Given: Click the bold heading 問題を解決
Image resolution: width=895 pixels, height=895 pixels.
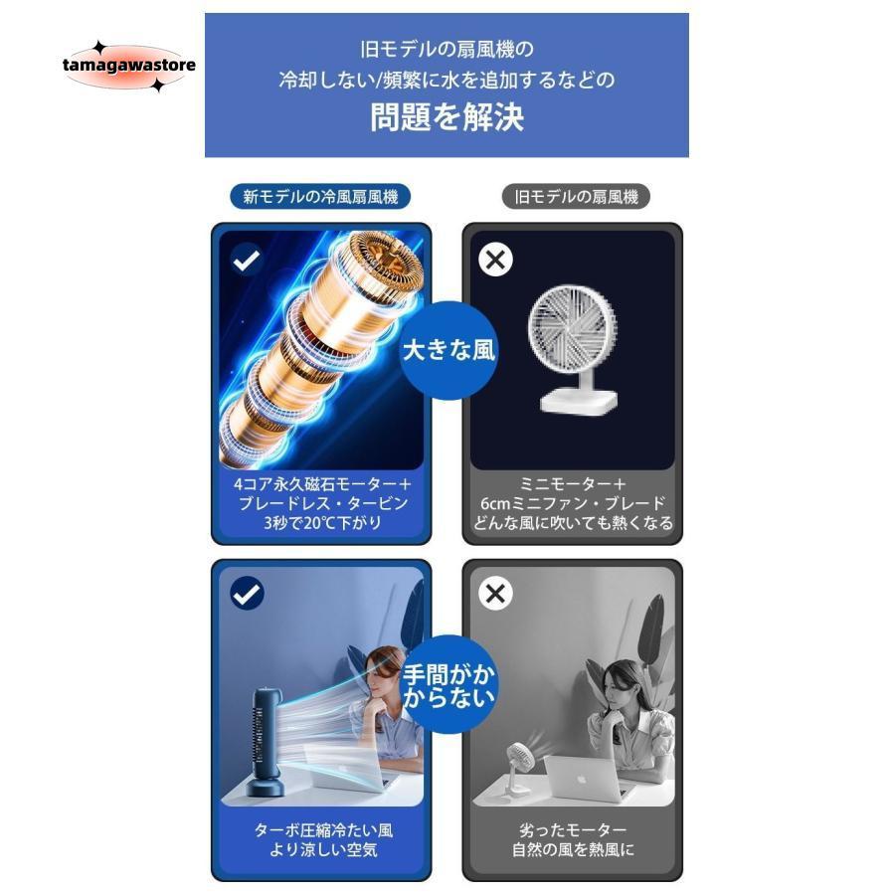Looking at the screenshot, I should tap(447, 117).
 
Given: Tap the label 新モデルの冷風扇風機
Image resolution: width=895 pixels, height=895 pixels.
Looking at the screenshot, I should tap(320, 197).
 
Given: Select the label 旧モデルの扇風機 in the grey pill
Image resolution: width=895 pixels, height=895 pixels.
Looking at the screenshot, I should tap(576, 197).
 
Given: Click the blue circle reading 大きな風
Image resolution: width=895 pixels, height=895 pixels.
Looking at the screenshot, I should tap(447, 350).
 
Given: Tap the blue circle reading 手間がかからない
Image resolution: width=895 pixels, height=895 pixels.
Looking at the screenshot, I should tap(447, 683).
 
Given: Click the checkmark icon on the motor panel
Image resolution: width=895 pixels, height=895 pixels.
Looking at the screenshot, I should tap(247, 261).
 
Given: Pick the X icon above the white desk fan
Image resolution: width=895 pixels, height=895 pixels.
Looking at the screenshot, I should tap(495, 260).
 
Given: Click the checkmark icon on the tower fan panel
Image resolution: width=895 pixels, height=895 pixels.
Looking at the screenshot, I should tap(247, 594).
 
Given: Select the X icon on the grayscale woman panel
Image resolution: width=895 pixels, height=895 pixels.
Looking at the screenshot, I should tap(495, 594).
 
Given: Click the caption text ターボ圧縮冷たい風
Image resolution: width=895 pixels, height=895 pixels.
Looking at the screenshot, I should tap(322, 830).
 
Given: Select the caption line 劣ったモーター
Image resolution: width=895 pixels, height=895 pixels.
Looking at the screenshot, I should tap(573, 830).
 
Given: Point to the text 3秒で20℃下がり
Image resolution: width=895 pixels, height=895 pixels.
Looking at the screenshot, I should tap(322, 523).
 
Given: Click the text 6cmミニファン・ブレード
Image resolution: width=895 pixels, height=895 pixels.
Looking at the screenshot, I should tap(573, 503).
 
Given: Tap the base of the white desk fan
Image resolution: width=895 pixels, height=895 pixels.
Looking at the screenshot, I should tap(578, 398).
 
